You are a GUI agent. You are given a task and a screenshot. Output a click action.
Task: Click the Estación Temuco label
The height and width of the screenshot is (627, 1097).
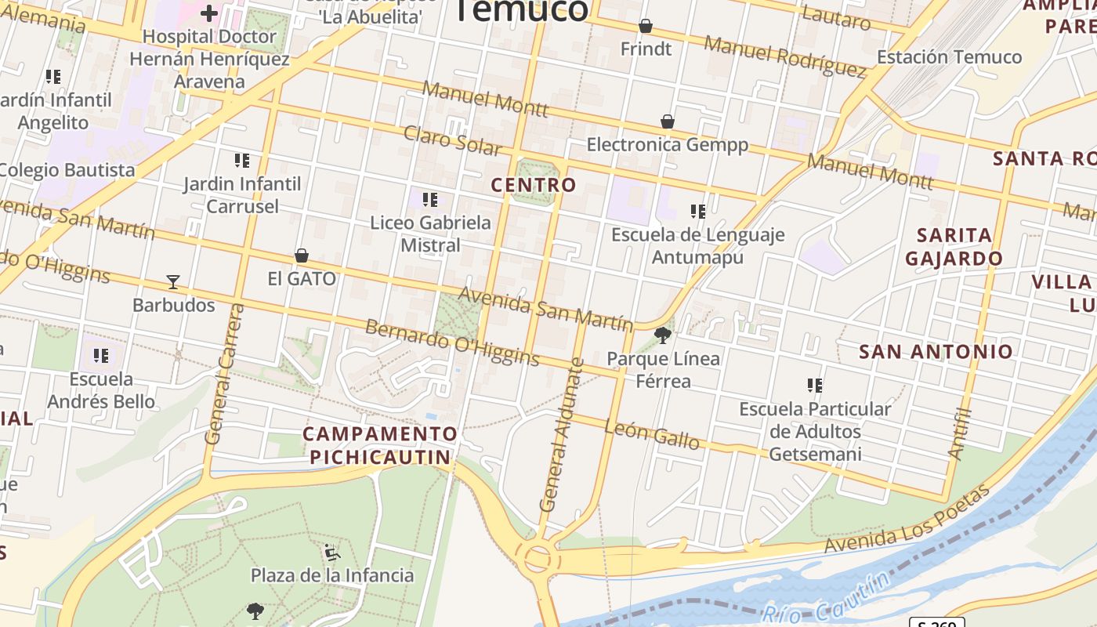[949, 57]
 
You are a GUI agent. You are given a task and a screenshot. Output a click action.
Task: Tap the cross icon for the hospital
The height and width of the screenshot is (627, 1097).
[209, 13]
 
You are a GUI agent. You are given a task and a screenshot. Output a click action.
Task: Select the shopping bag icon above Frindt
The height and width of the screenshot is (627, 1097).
[646, 26]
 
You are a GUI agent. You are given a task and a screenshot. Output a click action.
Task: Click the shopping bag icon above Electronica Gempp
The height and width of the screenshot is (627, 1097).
[668, 121]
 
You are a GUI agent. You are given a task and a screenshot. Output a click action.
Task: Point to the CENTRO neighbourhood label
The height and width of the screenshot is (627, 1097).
[534, 185]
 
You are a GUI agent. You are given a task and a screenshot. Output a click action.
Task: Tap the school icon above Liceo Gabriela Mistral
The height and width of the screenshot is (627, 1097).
[430, 200]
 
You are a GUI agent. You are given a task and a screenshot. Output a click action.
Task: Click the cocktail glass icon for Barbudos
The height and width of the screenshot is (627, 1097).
[173, 281]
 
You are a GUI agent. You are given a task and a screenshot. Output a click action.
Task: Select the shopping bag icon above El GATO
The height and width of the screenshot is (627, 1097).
[302, 256]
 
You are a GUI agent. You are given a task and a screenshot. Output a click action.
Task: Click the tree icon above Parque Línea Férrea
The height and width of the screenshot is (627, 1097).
[663, 335]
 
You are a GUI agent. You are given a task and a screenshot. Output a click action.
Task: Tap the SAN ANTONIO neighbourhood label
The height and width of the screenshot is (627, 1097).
[936, 351]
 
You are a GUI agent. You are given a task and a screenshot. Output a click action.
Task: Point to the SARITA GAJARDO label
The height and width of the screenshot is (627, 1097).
[954, 246]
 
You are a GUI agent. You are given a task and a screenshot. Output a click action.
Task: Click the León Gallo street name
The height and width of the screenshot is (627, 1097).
[652, 433]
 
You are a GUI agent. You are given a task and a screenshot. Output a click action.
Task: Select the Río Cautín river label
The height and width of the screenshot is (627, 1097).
[827, 598]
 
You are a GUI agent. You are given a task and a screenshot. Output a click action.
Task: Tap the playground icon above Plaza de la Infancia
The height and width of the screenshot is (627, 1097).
[332, 553]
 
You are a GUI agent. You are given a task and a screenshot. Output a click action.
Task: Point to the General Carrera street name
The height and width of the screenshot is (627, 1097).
[225, 374]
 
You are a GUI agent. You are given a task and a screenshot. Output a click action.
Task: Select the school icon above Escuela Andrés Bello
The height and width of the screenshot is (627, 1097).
[101, 356]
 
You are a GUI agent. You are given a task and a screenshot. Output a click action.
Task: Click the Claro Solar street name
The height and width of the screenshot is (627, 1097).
[452, 140]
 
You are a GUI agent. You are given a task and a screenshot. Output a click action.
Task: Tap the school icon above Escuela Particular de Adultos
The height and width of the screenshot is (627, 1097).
[815, 386]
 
